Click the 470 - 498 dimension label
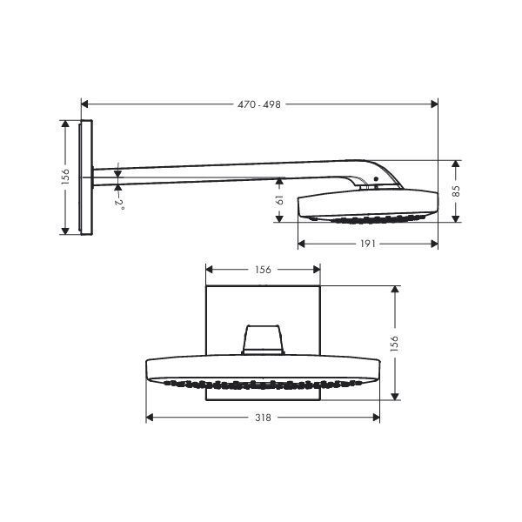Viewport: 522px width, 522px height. pyautogui.click(x=259, y=104)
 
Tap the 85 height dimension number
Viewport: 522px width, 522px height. pyautogui.click(x=456, y=190)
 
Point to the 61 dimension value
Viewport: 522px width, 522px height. pyautogui.click(x=278, y=202)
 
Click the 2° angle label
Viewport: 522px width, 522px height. pyautogui.click(x=119, y=204)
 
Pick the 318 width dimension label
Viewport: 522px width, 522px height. pyautogui.click(x=263, y=418)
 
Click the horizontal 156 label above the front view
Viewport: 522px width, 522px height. pyautogui.click(x=263, y=270)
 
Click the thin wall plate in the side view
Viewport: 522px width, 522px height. pyautogui.click(x=84, y=177)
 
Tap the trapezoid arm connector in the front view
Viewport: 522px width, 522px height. pyautogui.click(x=263, y=339)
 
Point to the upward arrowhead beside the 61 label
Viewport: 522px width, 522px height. pyautogui.click(x=278, y=181)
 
